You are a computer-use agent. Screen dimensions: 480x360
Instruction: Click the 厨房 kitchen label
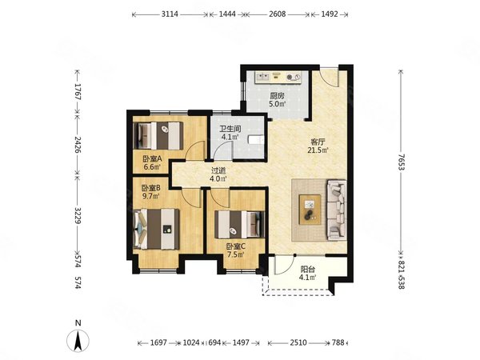[278, 96]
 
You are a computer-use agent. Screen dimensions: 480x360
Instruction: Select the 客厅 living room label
[318, 142]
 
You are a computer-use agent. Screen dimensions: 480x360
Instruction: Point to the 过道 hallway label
[218, 170]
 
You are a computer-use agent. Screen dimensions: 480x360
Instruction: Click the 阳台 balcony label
[308, 270]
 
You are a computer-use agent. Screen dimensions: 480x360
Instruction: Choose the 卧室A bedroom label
[152, 159]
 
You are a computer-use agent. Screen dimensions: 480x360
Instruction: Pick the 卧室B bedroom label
[151, 188]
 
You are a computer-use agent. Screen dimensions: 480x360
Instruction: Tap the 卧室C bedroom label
[236, 246]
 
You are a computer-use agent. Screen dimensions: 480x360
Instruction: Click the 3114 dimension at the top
[170, 14]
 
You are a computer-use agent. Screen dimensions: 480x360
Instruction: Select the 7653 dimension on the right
[402, 162]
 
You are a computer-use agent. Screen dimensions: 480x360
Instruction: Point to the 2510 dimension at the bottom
[298, 342]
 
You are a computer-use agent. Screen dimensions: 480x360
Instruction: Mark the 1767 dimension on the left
[77, 91]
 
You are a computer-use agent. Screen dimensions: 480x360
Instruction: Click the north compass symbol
[78, 337]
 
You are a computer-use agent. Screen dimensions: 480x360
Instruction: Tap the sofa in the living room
[337, 210]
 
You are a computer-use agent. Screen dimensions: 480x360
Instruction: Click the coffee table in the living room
[310, 210]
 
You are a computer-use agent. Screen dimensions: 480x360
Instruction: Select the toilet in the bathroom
[256, 139]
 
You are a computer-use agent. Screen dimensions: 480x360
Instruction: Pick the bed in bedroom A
[158, 136]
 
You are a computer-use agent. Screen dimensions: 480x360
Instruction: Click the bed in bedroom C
[239, 224]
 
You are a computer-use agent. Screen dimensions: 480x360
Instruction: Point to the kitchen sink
[263, 76]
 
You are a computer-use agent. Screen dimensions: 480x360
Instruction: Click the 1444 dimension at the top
[227, 14]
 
